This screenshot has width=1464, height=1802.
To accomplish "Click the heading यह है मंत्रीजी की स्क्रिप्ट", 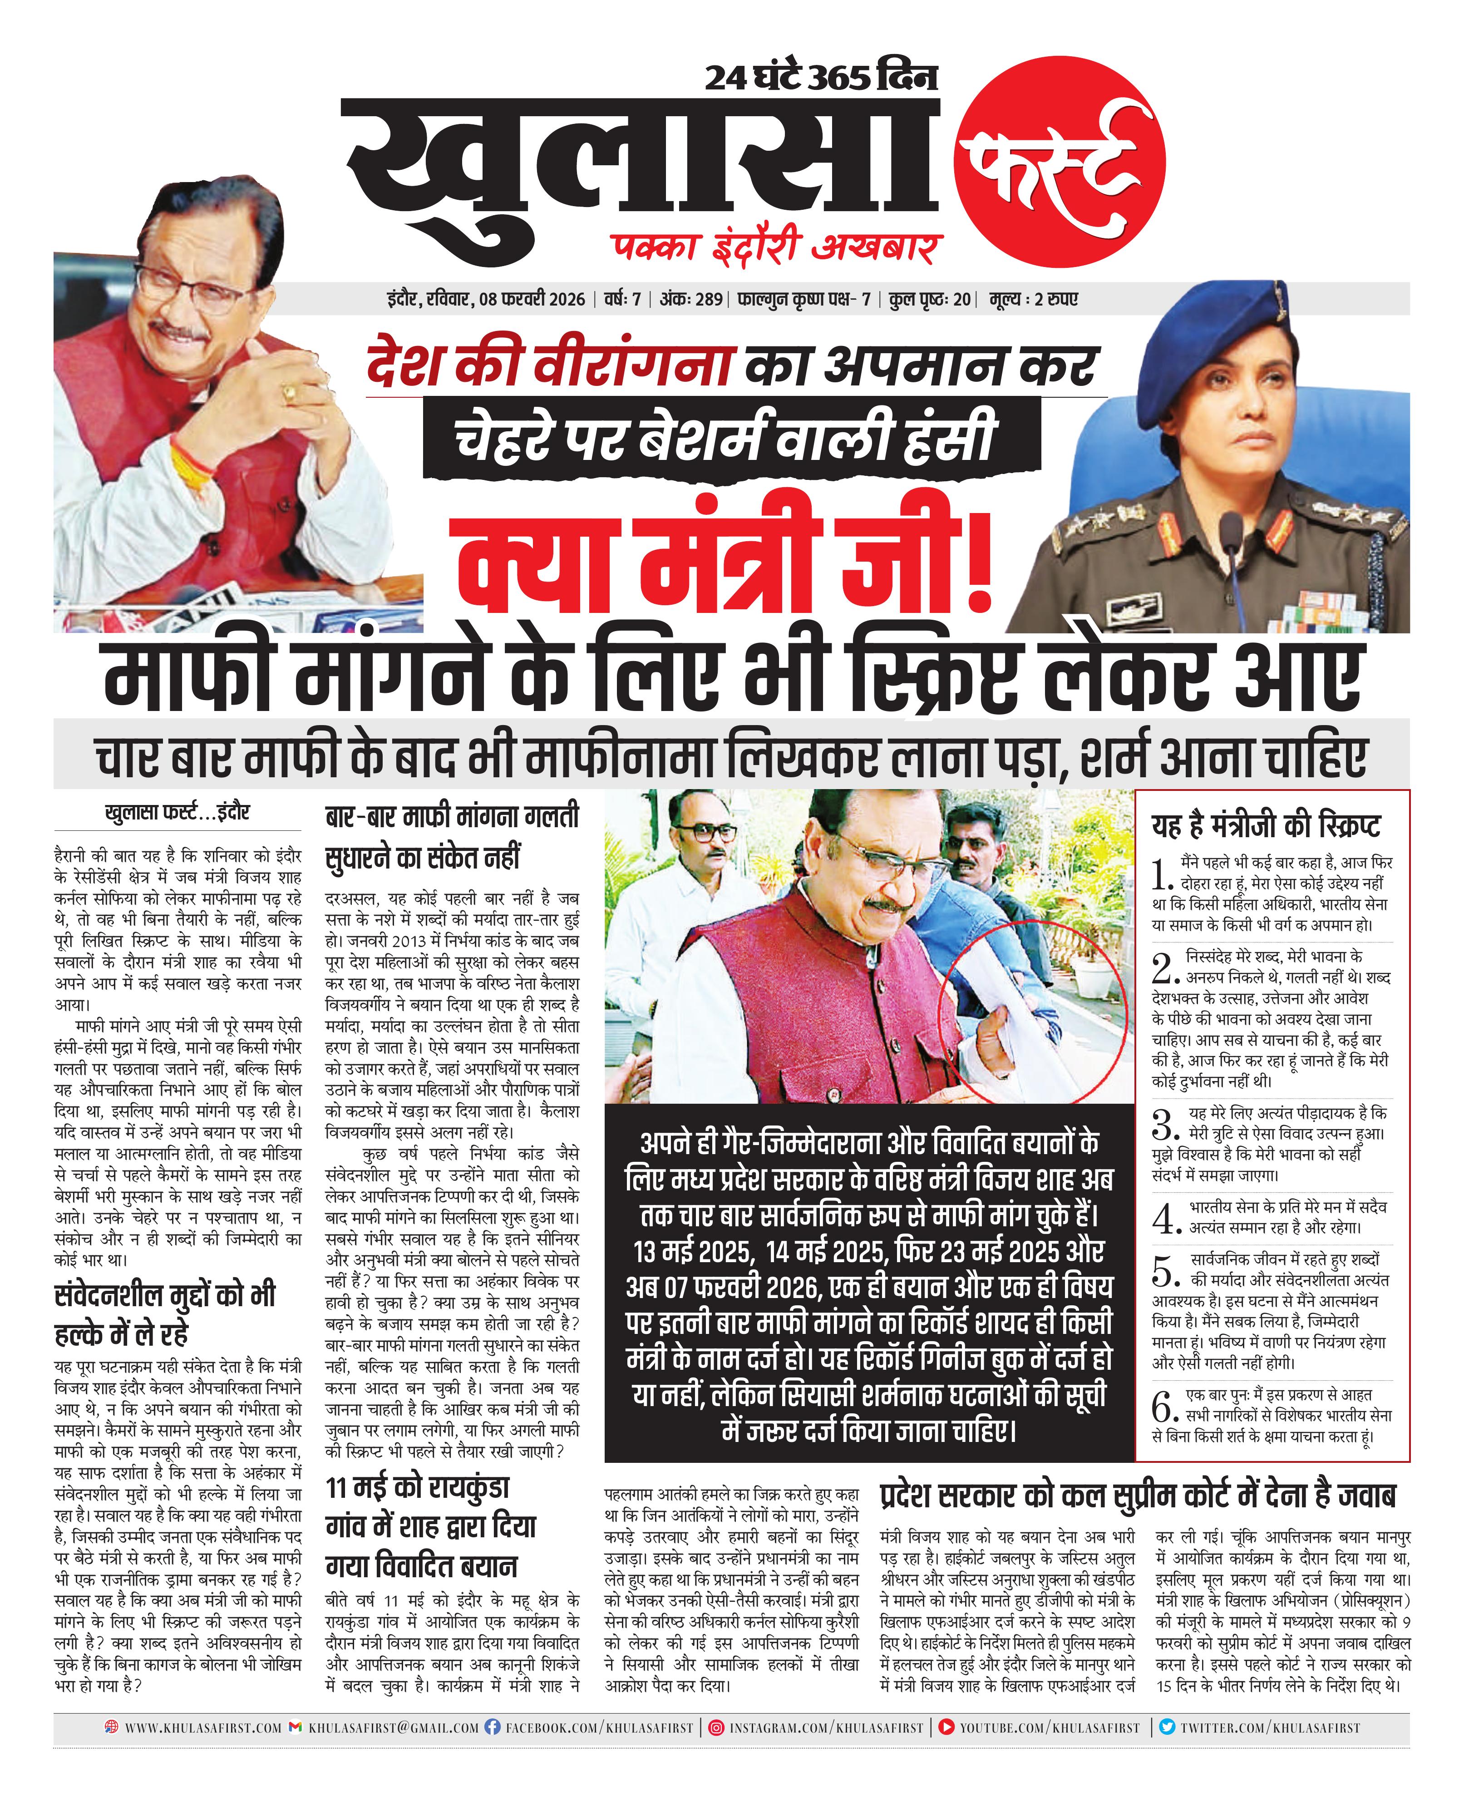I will pyautogui.click(x=1266, y=824).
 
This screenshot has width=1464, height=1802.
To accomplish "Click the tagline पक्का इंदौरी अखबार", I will pyautogui.click(x=776, y=247).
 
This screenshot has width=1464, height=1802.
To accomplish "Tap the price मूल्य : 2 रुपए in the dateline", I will pyautogui.click(x=1034, y=299).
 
